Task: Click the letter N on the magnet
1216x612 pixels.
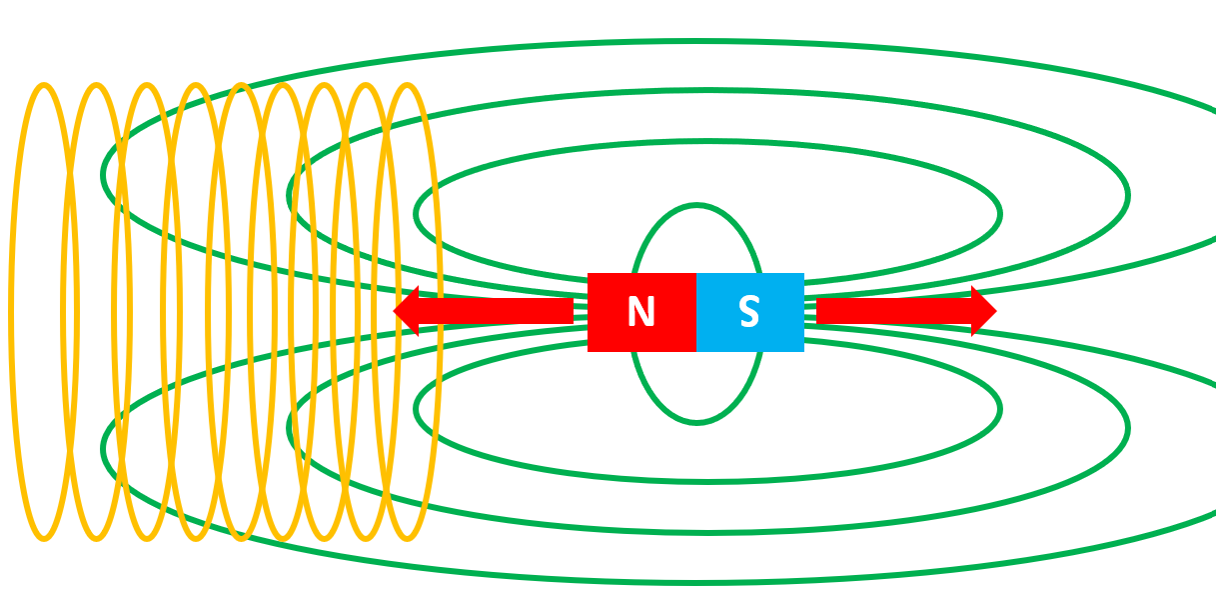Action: point(640,313)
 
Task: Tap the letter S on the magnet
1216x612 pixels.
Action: point(748,313)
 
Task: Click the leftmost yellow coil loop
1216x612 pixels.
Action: point(14,311)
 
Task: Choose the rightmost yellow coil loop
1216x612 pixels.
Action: point(438,311)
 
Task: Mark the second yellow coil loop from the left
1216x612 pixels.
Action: point(66,311)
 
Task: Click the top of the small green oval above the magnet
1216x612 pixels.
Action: point(697,206)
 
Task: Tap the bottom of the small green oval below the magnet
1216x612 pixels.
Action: point(697,422)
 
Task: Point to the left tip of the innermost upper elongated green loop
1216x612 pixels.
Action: point(417,214)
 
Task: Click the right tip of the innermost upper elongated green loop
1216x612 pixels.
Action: point(999,213)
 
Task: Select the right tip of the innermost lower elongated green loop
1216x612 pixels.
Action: point(999,409)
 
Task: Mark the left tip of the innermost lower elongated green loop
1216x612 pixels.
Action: point(417,408)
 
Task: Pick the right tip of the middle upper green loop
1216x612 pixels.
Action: point(1127,195)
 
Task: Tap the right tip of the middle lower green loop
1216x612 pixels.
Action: point(1127,428)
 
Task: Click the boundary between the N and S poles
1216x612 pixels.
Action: point(696,312)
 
